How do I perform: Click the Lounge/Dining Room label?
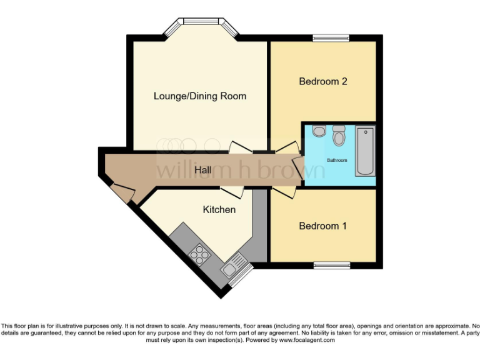pos(200,96)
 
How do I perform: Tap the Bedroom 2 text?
pos(322,81)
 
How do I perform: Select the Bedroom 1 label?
pos(322,226)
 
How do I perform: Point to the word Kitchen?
pos(219,209)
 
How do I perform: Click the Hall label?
pos(202,170)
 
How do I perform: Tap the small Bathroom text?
pos(337,161)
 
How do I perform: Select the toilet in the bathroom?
pos(339,134)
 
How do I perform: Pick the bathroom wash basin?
pos(319,131)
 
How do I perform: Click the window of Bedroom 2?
pos(331,38)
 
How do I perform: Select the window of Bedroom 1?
pos(331,266)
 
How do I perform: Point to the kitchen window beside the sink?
pos(242,274)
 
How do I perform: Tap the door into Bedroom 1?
pos(281,191)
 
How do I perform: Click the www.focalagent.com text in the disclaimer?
pos(307,340)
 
